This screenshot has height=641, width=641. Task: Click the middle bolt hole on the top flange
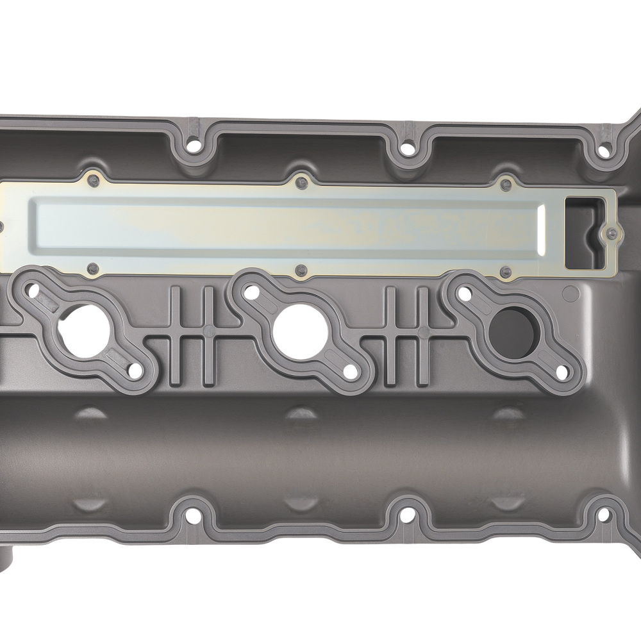click(406, 148)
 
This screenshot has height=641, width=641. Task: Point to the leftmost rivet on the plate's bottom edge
click(93, 268)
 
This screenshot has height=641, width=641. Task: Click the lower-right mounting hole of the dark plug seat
click(562, 372)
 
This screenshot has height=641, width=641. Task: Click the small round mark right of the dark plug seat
click(569, 294)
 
